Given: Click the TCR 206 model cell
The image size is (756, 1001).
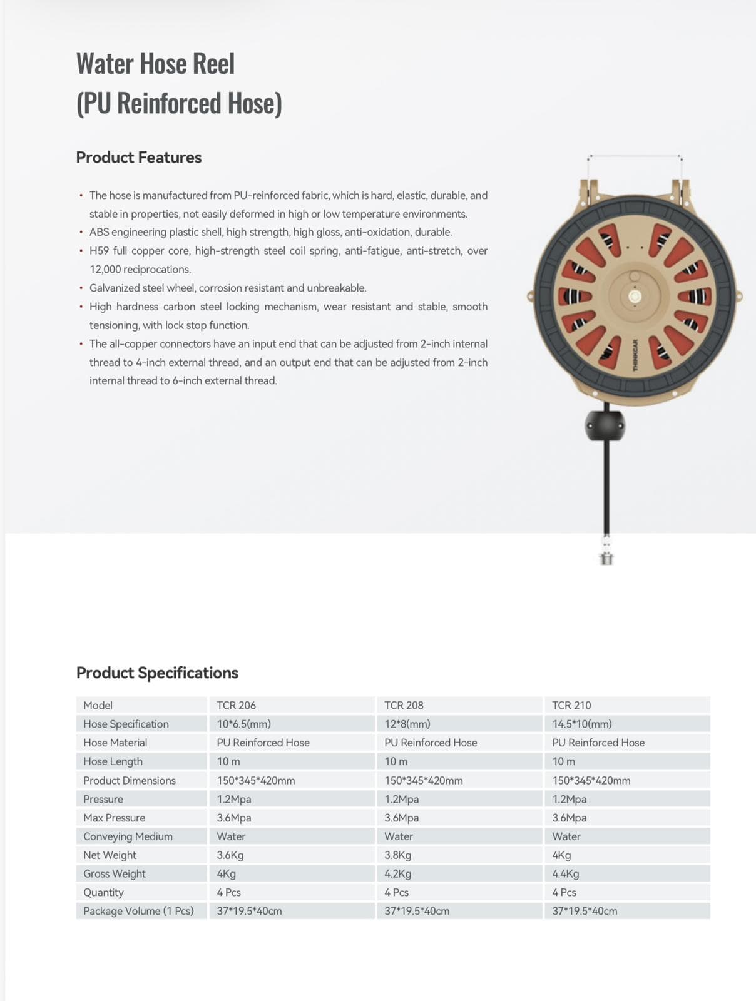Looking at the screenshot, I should tap(237, 705).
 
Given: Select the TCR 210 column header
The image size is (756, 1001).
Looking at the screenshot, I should tap(571, 705).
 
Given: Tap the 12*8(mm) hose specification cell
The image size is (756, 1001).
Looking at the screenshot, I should tap(407, 724).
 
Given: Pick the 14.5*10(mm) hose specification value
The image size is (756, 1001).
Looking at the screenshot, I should tap(582, 724).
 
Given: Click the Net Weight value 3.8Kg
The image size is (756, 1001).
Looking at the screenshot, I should tap(398, 855).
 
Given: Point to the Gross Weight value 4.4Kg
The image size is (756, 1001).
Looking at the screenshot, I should tap(566, 873).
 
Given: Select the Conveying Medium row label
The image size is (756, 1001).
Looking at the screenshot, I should tap(128, 836).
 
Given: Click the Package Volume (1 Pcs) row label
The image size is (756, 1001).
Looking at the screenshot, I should tap(138, 911).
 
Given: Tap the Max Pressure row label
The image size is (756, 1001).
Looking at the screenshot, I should tap(114, 818).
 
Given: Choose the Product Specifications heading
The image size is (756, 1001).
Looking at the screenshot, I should tap(157, 673).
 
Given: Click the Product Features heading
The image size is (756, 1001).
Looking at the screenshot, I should tap(139, 157).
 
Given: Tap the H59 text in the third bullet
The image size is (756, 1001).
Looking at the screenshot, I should tap(99, 251).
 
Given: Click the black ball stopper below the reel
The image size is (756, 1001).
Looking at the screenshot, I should tap(605, 426).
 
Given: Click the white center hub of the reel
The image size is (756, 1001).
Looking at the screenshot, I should tap(635, 297).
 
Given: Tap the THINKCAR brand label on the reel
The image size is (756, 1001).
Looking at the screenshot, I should tap(635, 356).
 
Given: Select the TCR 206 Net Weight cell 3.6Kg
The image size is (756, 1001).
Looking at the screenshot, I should tap(230, 855).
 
